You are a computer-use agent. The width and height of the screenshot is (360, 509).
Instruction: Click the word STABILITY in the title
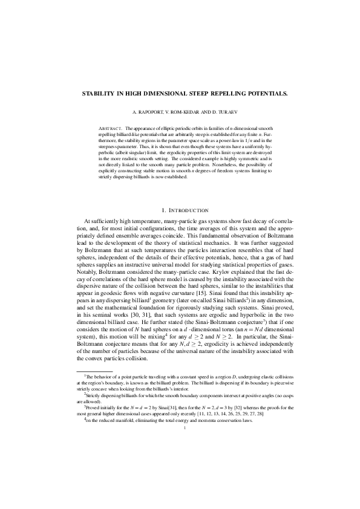click(x=97, y=95)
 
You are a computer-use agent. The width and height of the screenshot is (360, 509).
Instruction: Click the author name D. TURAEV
click(x=224, y=113)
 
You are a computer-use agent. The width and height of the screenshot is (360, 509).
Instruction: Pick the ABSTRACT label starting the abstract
click(x=110, y=129)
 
